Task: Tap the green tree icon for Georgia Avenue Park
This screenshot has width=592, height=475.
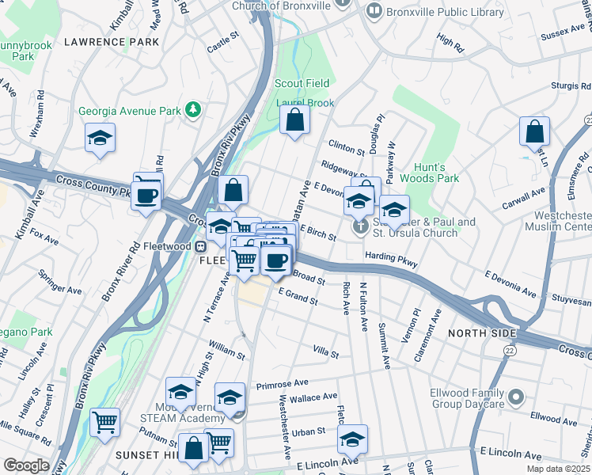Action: [x=192, y=108]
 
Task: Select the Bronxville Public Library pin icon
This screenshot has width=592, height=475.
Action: [x=373, y=11]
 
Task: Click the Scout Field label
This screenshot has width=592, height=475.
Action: [x=302, y=83]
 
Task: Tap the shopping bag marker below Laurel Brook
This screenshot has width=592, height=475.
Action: [x=294, y=121]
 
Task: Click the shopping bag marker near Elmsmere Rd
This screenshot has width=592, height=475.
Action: [x=534, y=131]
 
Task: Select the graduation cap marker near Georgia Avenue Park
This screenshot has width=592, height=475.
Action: [x=101, y=138]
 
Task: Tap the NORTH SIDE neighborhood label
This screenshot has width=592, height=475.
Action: [x=483, y=333]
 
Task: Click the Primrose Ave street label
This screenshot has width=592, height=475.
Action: [x=282, y=384]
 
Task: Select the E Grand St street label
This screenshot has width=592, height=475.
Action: [x=298, y=296]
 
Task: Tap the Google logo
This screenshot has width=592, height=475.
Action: [x=25, y=465]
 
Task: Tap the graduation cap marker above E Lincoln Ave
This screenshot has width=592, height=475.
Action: [x=353, y=439]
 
